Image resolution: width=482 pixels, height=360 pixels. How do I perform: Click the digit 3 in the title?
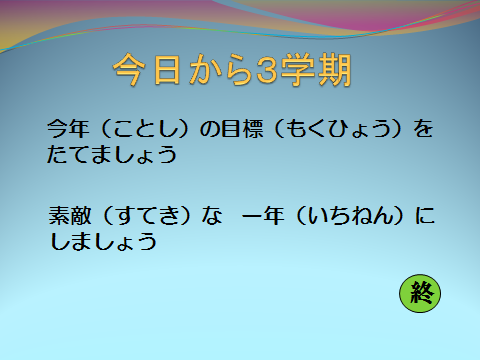267,70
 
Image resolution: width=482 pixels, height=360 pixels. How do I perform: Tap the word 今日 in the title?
148,70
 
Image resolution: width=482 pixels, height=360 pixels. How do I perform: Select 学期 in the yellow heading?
316,70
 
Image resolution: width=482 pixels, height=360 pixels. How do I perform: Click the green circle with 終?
420,293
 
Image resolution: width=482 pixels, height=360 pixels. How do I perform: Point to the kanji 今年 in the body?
68,128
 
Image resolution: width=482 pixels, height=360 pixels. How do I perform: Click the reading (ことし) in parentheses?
145,129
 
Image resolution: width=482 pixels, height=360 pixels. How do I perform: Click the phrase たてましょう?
112,154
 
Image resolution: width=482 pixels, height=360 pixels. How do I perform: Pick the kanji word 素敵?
70,216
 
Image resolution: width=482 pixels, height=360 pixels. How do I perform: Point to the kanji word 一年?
263,216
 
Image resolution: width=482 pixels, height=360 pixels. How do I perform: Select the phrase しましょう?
103,241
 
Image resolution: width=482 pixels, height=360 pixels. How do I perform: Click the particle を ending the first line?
423,128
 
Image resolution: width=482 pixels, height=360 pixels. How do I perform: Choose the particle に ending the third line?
425,216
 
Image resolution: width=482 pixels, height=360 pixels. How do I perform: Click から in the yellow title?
220,70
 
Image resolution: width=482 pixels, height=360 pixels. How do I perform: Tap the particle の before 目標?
210,129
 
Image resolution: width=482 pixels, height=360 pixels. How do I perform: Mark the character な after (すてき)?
212,216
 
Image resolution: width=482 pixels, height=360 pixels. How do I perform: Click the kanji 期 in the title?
334,70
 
